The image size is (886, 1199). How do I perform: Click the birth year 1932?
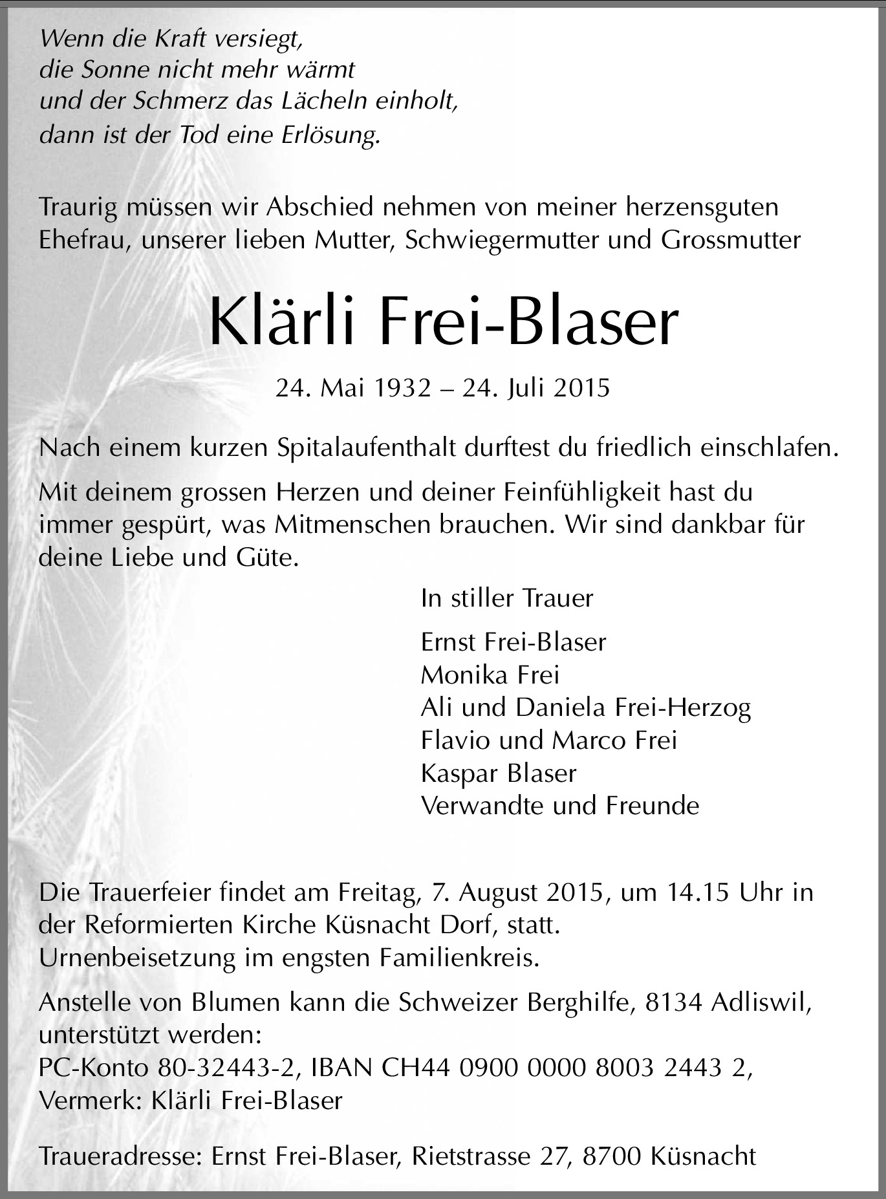tap(404, 388)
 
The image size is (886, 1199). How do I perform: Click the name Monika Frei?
tap(490, 675)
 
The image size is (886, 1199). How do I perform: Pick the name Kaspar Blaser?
tap(498, 773)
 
